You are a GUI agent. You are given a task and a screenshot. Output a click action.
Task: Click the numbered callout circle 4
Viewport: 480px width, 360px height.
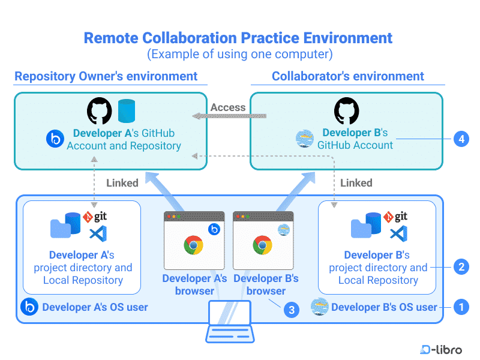point(461,139)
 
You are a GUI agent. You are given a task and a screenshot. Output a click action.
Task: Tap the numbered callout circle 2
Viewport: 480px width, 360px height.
point(461,267)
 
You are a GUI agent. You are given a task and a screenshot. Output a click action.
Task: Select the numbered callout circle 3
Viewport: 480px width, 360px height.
point(291,310)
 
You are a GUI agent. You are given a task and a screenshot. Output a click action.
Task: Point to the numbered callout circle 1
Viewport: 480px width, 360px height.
point(461,307)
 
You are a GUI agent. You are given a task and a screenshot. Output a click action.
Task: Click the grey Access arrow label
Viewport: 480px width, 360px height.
point(228,108)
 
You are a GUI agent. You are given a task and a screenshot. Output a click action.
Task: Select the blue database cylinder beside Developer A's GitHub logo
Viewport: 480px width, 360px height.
point(127,111)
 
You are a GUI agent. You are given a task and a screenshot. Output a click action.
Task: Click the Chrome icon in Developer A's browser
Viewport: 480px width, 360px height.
point(193,245)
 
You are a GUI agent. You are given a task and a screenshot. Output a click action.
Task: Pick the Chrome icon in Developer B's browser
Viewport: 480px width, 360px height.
point(262,245)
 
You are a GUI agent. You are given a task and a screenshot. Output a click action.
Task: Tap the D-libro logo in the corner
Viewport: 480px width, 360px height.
point(441,349)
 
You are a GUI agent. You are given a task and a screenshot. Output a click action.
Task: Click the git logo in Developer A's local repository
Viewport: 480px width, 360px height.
point(95,217)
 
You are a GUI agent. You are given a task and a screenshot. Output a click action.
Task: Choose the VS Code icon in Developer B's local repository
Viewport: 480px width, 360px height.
point(397,233)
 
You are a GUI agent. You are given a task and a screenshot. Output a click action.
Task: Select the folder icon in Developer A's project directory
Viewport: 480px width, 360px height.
point(60,227)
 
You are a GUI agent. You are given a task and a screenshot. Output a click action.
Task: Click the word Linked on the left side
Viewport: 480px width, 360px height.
point(122,183)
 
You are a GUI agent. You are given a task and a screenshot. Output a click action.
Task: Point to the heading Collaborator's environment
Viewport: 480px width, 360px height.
point(347,76)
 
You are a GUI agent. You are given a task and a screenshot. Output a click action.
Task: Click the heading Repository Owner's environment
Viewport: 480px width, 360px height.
point(106,76)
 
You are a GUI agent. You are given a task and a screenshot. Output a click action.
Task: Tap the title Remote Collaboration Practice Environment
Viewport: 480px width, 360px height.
point(238,38)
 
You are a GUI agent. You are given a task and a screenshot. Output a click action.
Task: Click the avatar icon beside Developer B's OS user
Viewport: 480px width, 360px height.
point(319,307)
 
